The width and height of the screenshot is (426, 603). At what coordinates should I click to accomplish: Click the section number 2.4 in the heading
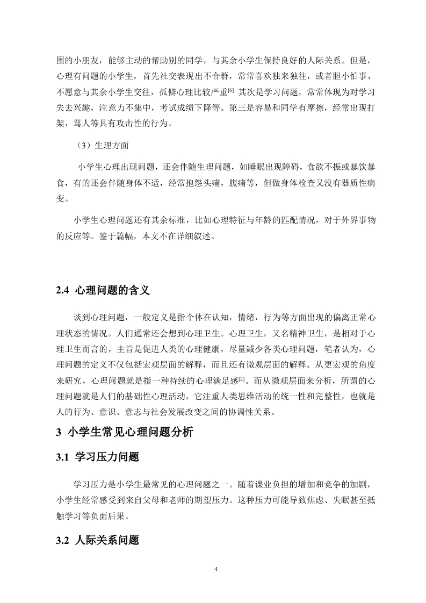63,291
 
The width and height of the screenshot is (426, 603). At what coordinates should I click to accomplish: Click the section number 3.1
63,457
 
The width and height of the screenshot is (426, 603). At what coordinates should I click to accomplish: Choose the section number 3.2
63,541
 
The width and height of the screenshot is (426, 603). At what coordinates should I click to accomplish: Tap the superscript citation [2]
242,379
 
